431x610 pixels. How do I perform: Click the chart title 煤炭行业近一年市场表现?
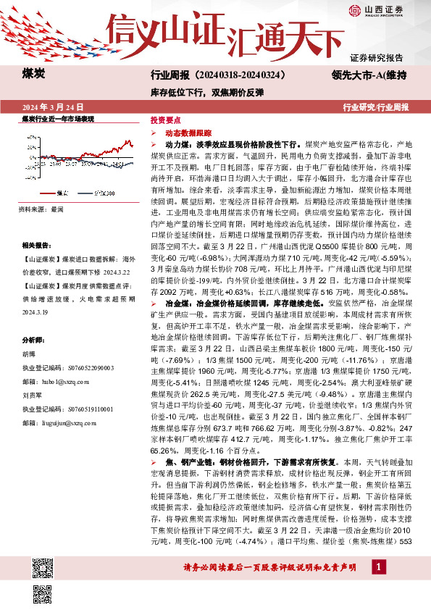(x=58, y=118)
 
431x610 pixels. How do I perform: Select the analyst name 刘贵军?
(x=31, y=376)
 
